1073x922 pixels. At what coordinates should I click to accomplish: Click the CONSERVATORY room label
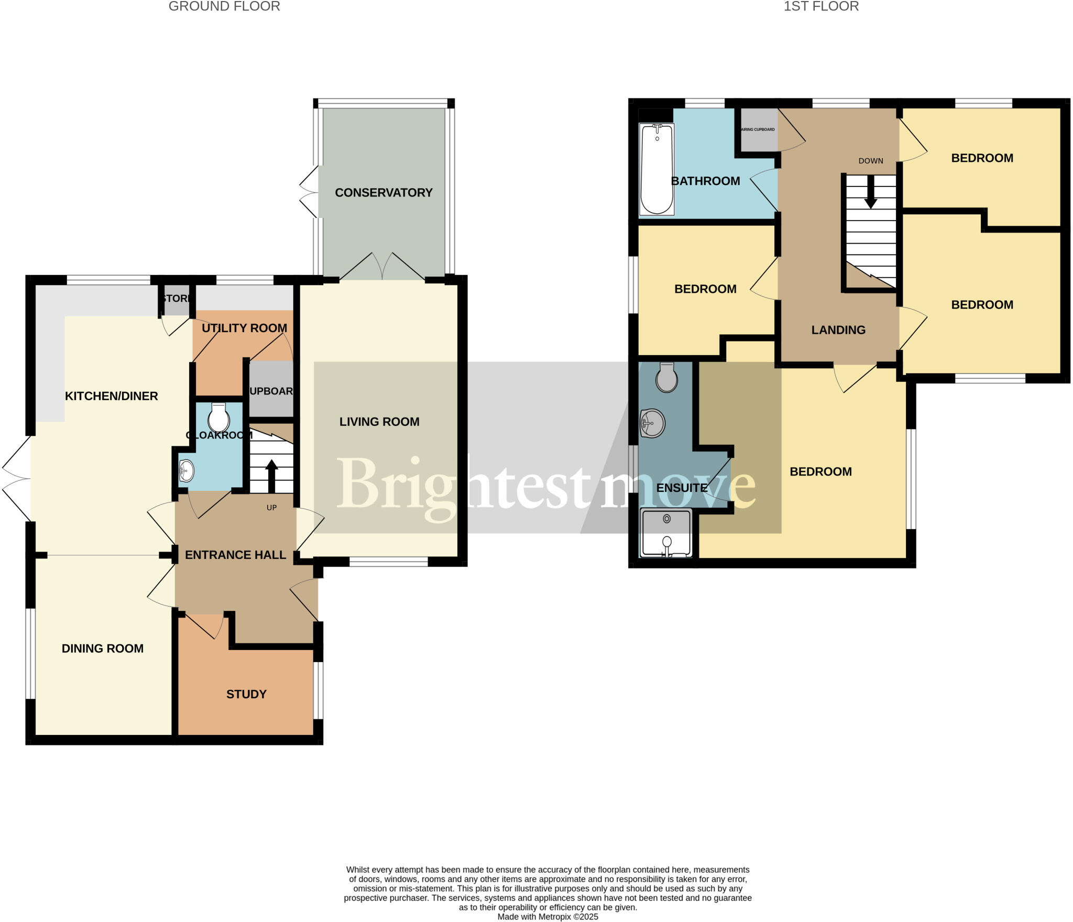pos(384,193)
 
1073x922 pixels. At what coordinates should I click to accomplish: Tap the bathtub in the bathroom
pos(656,169)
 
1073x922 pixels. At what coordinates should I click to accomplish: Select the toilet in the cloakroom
pos(218,418)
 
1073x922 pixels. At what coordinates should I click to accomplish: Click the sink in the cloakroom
pos(187,470)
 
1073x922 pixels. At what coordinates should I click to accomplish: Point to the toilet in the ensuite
pos(666,377)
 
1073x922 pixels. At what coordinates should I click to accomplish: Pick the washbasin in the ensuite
pos(653,423)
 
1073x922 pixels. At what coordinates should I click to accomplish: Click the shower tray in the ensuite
pos(666,532)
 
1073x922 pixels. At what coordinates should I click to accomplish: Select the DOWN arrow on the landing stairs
pos(870,191)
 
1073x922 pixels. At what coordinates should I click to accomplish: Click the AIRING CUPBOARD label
pos(758,129)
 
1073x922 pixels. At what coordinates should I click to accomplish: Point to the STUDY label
pos(246,694)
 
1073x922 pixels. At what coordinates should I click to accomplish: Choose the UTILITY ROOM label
pos(244,328)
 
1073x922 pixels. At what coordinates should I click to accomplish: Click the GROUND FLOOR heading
pos(224,6)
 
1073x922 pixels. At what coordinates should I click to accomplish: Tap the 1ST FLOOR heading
pos(821,6)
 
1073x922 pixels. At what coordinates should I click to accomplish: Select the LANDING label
pos(838,330)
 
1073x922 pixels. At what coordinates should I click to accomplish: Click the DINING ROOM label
pos(103,649)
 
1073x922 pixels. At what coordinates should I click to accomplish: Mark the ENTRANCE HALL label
pos(235,555)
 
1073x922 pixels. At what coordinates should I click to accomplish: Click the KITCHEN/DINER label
pos(111,396)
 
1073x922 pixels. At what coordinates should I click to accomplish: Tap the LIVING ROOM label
pos(379,422)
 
